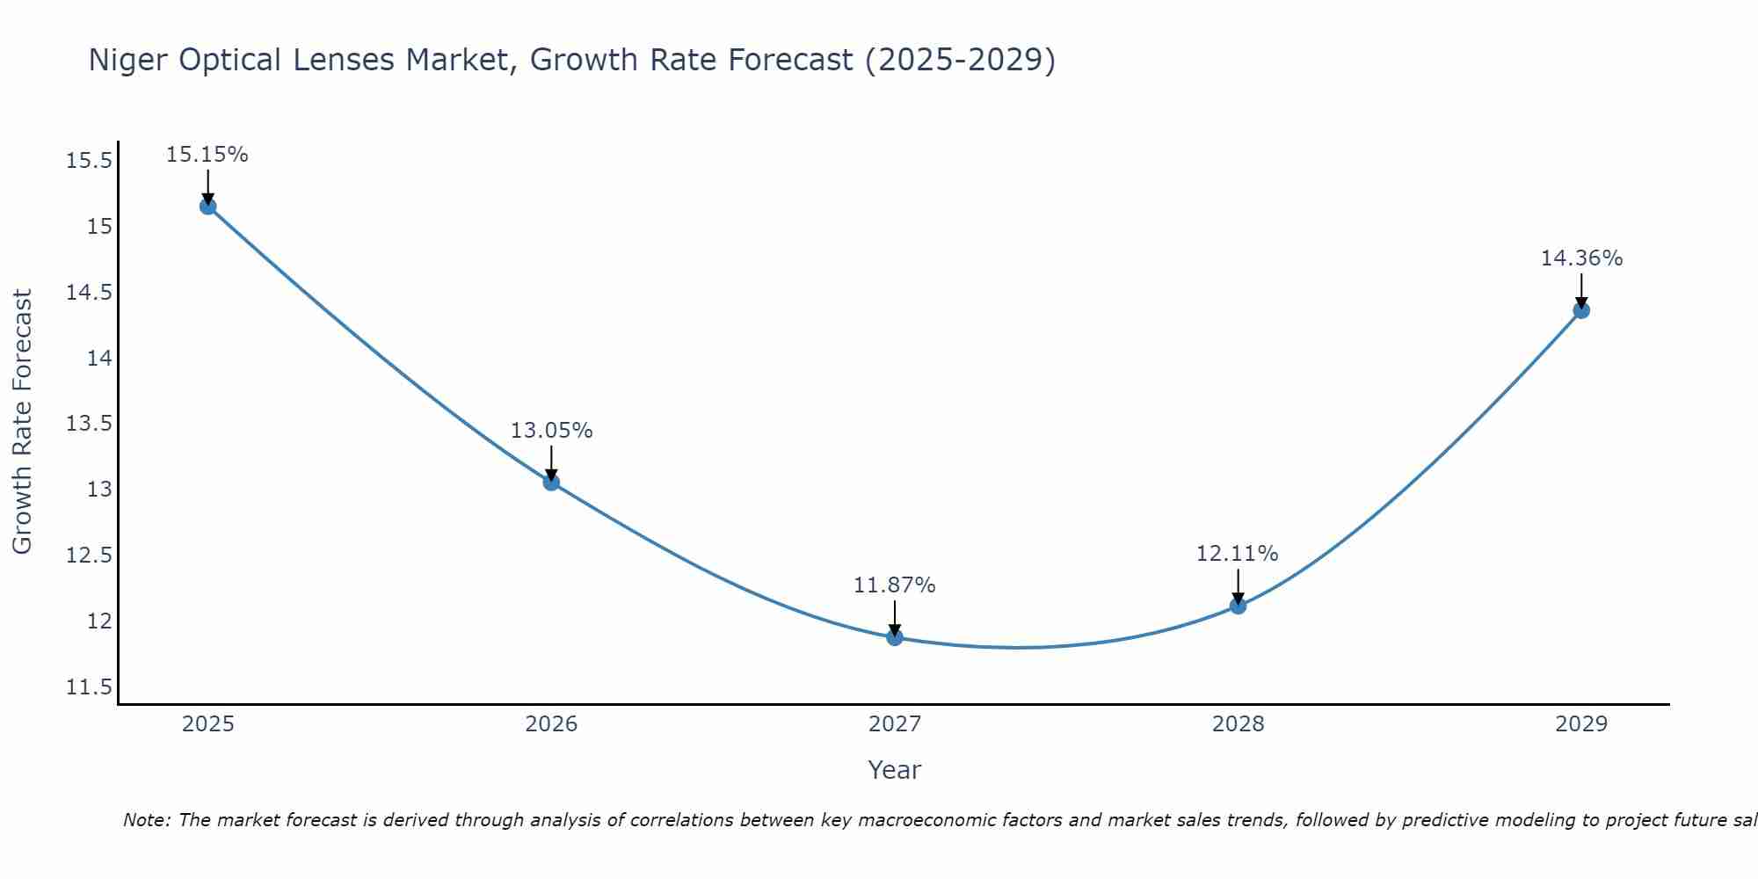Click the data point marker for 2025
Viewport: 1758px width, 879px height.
click(x=208, y=207)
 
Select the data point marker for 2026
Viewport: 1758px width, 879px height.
click(x=551, y=482)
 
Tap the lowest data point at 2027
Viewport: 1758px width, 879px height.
click(x=895, y=637)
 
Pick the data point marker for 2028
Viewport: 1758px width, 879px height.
click(x=1238, y=606)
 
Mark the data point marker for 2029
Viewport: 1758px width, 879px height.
click(x=1581, y=310)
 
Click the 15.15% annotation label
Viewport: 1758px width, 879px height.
click(x=207, y=155)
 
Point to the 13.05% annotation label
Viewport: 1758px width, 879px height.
click(x=551, y=431)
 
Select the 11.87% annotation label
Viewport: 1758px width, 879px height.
click(x=895, y=585)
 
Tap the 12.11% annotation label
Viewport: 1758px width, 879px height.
click(x=1237, y=554)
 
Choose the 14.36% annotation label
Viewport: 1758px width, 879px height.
click(x=1581, y=258)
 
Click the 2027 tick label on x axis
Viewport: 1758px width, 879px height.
click(x=895, y=724)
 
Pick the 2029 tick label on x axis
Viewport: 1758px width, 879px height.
click(x=1581, y=724)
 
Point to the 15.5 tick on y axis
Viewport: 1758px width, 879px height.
click(x=89, y=161)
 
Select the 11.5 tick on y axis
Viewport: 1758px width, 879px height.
click(x=89, y=686)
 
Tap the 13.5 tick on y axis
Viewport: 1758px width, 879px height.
click(x=89, y=424)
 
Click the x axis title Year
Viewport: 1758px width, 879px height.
click(x=894, y=770)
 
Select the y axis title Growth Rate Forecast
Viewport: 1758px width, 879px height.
click(x=22, y=421)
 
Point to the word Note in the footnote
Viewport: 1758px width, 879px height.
click(x=146, y=820)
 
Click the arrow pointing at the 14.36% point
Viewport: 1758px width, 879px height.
click(x=1581, y=290)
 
